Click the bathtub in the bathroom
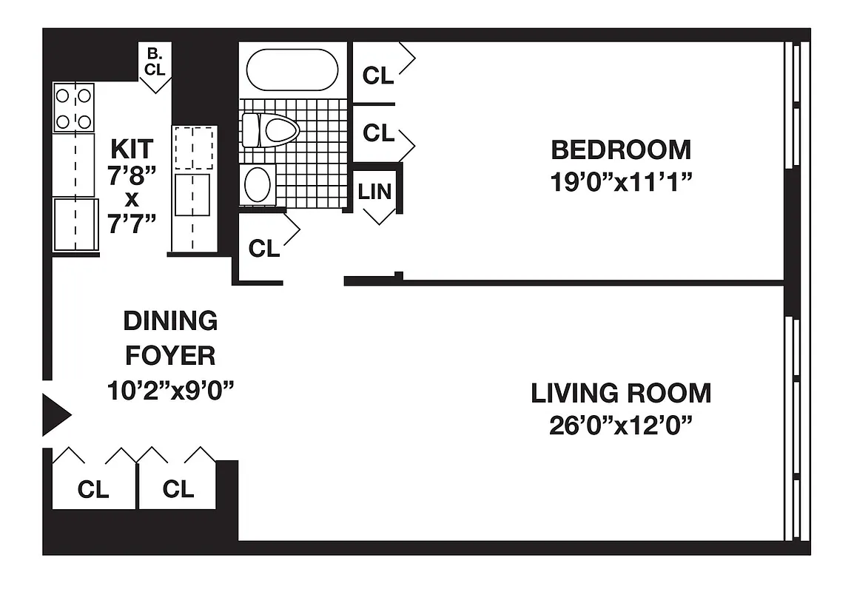coord(292,70)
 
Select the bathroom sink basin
coord(258,184)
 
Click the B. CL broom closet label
coord(155,62)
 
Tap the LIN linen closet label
coord(375,192)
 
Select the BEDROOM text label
coord(621,150)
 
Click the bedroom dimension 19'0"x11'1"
coord(621,183)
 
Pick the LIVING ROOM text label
coord(621,393)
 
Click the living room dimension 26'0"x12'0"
coord(621,426)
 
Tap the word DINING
coord(170,321)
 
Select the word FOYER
coord(170,356)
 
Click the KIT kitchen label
coord(132,149)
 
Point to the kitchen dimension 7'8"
coord(132,175)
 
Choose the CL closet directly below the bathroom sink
coord(264,249)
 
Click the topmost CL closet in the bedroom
coord(378,75)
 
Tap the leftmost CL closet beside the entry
coord(93,489)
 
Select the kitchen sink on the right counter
coord(192,194)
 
